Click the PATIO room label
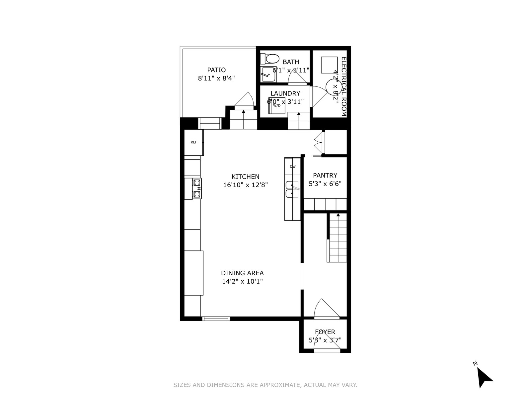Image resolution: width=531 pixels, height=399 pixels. [x=216, y=70]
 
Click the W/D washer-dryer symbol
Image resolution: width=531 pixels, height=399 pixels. [x=276, y=105]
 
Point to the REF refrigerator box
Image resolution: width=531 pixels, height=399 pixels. [x=194, y=142]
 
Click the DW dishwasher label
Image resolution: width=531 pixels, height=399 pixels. [x=293, y=167]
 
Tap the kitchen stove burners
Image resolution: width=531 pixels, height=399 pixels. [x=197, y=189]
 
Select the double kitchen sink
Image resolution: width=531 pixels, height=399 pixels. [x=292, y=189]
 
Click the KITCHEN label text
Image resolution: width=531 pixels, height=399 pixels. [x=245, y=177]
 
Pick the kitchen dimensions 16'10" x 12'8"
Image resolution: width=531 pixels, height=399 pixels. [x=245, y=185]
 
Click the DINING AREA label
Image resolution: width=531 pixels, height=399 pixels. [x=242, y=273]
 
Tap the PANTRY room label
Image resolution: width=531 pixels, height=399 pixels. [x=325, y=175]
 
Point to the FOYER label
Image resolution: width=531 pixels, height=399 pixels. [x=325, y=332]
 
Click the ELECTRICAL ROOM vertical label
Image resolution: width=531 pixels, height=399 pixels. [x=344, y=86]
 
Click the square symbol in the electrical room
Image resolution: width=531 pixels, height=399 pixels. [x=329, y=65]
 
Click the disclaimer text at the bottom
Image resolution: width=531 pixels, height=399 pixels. [x=265, y=385]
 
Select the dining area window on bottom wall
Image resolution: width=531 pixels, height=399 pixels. [x=216, y=319]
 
